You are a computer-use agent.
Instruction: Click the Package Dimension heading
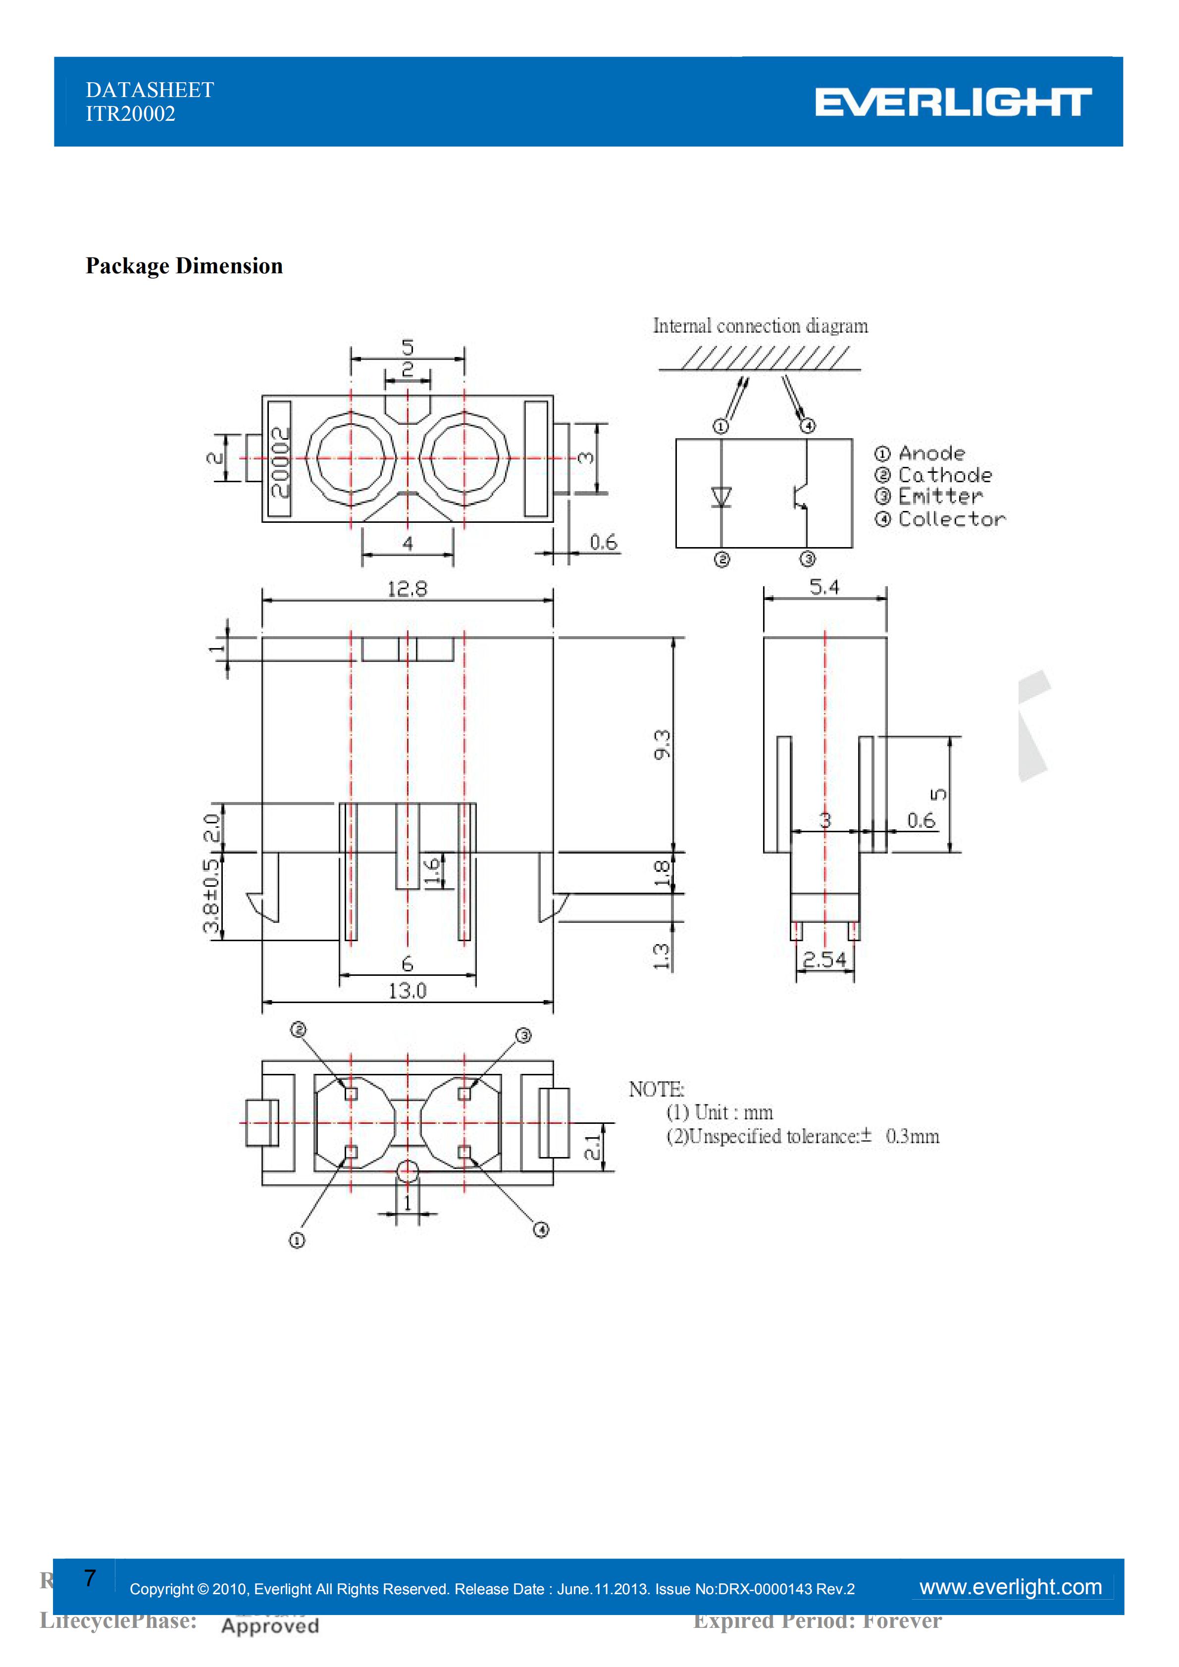click(x=184, y=266)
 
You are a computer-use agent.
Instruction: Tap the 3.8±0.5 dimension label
click(x=210, y=896)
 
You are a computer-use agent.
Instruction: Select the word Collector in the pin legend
click(x=952, y=519)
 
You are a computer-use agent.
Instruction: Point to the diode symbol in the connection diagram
click(x=721, y=498)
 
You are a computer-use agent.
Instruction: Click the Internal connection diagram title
click(x=760, y=326)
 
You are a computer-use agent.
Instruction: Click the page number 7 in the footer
click(x=89, y=1578)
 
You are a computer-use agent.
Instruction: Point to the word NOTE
click(x=656, y=1089)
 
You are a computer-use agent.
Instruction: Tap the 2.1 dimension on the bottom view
click(x=593, y=1147)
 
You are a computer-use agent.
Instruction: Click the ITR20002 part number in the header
click(x=131, y=114)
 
